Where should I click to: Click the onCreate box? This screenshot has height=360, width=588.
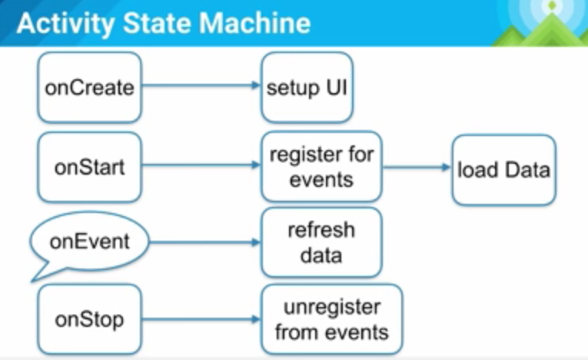[x=89, y=88]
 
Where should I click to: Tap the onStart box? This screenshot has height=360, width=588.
[x=89, y=167]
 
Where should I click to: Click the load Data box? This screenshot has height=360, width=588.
[x=503, y=169]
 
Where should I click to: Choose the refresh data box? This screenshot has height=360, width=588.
[x=321, y=242]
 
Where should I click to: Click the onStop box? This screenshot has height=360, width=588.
[x=89, y=319]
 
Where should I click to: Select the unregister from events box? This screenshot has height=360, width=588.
[x=331, y=320]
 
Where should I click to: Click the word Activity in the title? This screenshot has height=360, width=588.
[x=62, y=23]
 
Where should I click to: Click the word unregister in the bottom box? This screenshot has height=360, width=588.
[x=331, y=308]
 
